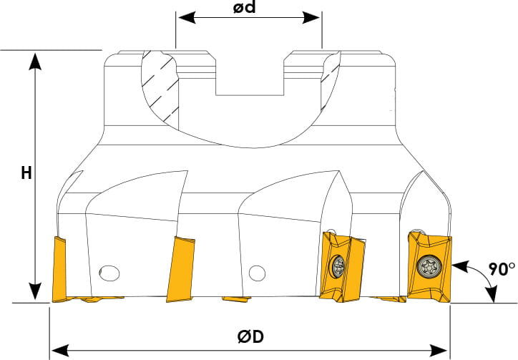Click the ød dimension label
pyautogui.click(x=245, y=7)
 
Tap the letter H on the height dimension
pyautogui.click(x=26, y=173)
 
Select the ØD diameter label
pyautogui.click(x=250, y=337)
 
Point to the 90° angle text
pyautogui.click(x=502, y=269)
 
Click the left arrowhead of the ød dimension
pyautogui.click(x=187, y=18)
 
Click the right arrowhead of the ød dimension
pyautogui.click(x=311, y=18)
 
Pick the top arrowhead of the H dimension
pyautogui.click(x=35, y=61)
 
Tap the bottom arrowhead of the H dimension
pyautogui.click(x=35, y=291)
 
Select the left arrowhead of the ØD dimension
pyautogui.click(x=59, y=349)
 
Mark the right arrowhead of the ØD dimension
pyautogui.click(x=439, y=349)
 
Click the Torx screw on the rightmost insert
pyautogui.click(x=429, y=266)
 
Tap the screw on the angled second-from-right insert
pyautogui.click(x=338, y=265)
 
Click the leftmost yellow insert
pyautogui.click(x=59, y=269)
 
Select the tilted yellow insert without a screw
pyautogui.click(x=181, y=269)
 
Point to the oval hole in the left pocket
pyautogui.click(x=109, y=273)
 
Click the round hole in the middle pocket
pyautogui.click(x=257, y=273)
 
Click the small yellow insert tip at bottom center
pyautogui.click(x=236, y=299)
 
